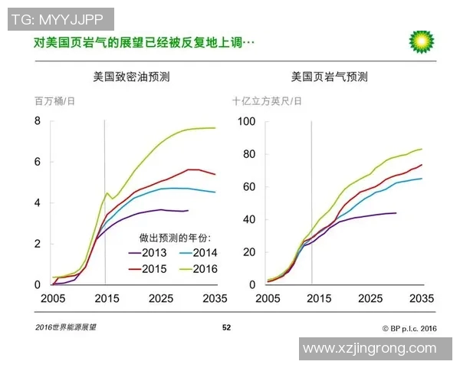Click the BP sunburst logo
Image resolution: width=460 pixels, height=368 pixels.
[421, 42]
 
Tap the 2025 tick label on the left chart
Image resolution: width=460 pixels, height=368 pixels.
[160, 297]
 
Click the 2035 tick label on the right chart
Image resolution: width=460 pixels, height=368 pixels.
[422, 297]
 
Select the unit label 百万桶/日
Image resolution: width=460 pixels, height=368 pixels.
[54, 100]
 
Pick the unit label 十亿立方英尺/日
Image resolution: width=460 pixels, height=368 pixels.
[268, 100]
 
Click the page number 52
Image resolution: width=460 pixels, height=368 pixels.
[226, 327]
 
